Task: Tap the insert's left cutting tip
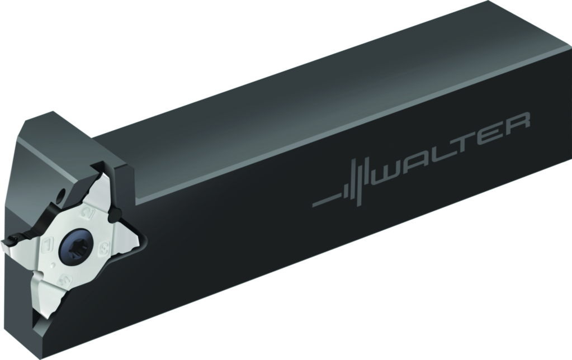pos(7,244)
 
